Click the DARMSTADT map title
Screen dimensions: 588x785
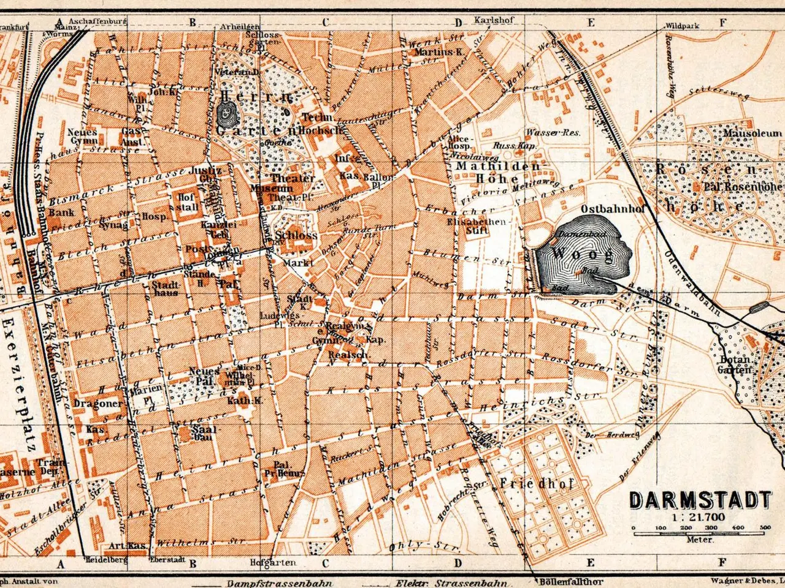700,500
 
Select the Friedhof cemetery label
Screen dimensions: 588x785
536,483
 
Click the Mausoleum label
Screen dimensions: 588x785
752,132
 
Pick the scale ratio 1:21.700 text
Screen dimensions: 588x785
699,518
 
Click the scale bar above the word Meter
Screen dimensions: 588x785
699,532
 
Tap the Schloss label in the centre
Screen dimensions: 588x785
297,235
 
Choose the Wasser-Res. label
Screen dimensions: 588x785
553,132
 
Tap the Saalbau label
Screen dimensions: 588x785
202,433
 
